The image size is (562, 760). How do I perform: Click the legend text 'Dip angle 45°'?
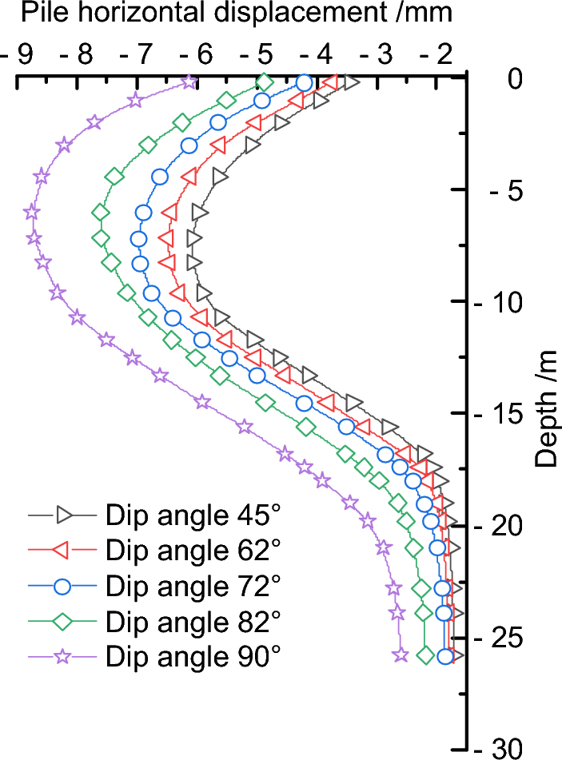(193, 516)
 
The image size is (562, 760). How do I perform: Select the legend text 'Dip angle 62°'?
(193, 551)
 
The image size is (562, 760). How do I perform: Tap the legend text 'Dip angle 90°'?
(193, 656)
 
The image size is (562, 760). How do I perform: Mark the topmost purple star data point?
(189, 82)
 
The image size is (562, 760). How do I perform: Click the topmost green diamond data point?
(266, 82)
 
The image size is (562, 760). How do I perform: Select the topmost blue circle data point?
(304, 82)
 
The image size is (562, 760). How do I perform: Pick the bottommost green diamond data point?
(426, 655)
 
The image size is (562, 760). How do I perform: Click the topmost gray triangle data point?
(352, 82)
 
